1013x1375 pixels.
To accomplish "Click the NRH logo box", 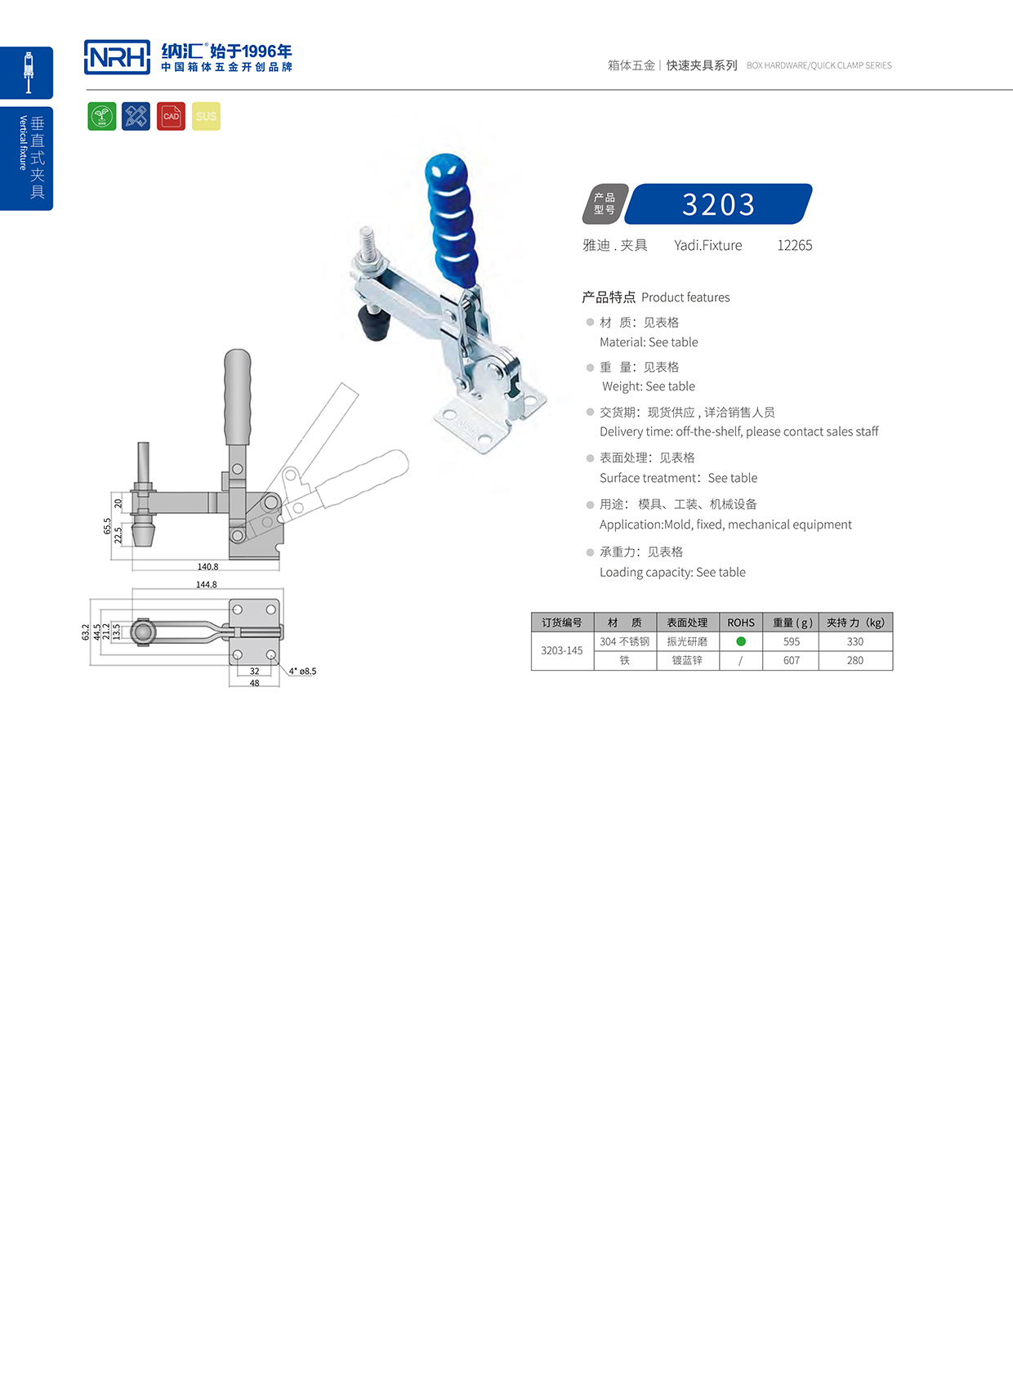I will (117, 57).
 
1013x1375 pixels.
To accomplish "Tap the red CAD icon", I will (171, 116).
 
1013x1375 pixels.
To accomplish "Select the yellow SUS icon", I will (206, 116).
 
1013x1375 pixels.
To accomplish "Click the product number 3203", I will (718, 204).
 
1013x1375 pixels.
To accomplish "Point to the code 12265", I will (794, 245).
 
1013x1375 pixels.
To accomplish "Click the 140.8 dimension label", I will (208, 566).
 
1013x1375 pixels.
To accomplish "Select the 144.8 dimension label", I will (207, 584).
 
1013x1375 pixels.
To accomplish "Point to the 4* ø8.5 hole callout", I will (302, 671).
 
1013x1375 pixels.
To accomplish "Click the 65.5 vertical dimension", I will (107, 526).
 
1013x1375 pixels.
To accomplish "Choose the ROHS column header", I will (741, 623).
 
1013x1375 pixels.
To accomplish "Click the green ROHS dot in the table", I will (741, 641).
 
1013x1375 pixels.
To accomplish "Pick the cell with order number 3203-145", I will (562, 650).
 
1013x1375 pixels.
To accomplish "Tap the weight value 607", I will (791, 660).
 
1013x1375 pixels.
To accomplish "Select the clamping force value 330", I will (855, 641).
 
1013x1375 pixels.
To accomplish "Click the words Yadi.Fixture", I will (707, 245).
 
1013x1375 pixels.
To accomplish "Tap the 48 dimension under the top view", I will (254, 683).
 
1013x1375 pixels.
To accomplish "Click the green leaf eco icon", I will (102, 116).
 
